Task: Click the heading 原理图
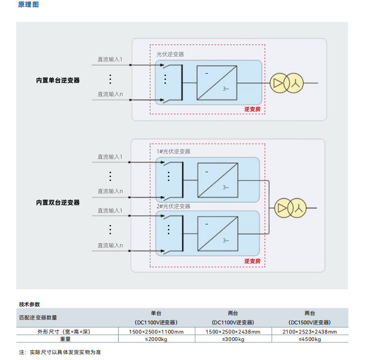(x=28, y=5)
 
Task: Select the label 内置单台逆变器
(x=58, y=80)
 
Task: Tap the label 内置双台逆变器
(x=58, y=202)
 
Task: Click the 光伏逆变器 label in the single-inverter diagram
(x=170, y=55)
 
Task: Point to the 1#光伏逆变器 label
(x=173, y=151)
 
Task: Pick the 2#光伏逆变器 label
(x=173, y=206)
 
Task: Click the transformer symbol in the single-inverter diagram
(x=287, y=83)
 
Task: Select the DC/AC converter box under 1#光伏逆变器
(x=218, y=180)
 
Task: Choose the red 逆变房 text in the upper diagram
(x=252, y=109)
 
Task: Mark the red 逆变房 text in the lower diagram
(x=252, y=261)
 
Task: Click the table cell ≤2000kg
(x=156, y=340)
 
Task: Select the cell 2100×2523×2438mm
(x=309, y=332)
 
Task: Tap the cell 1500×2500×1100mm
(x=156, y=332)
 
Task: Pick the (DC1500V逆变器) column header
(x=309, y=322)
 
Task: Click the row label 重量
(x=65, y=340)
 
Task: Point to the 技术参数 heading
(x=29, y=304)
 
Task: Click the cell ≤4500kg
(x=309, y=340)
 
